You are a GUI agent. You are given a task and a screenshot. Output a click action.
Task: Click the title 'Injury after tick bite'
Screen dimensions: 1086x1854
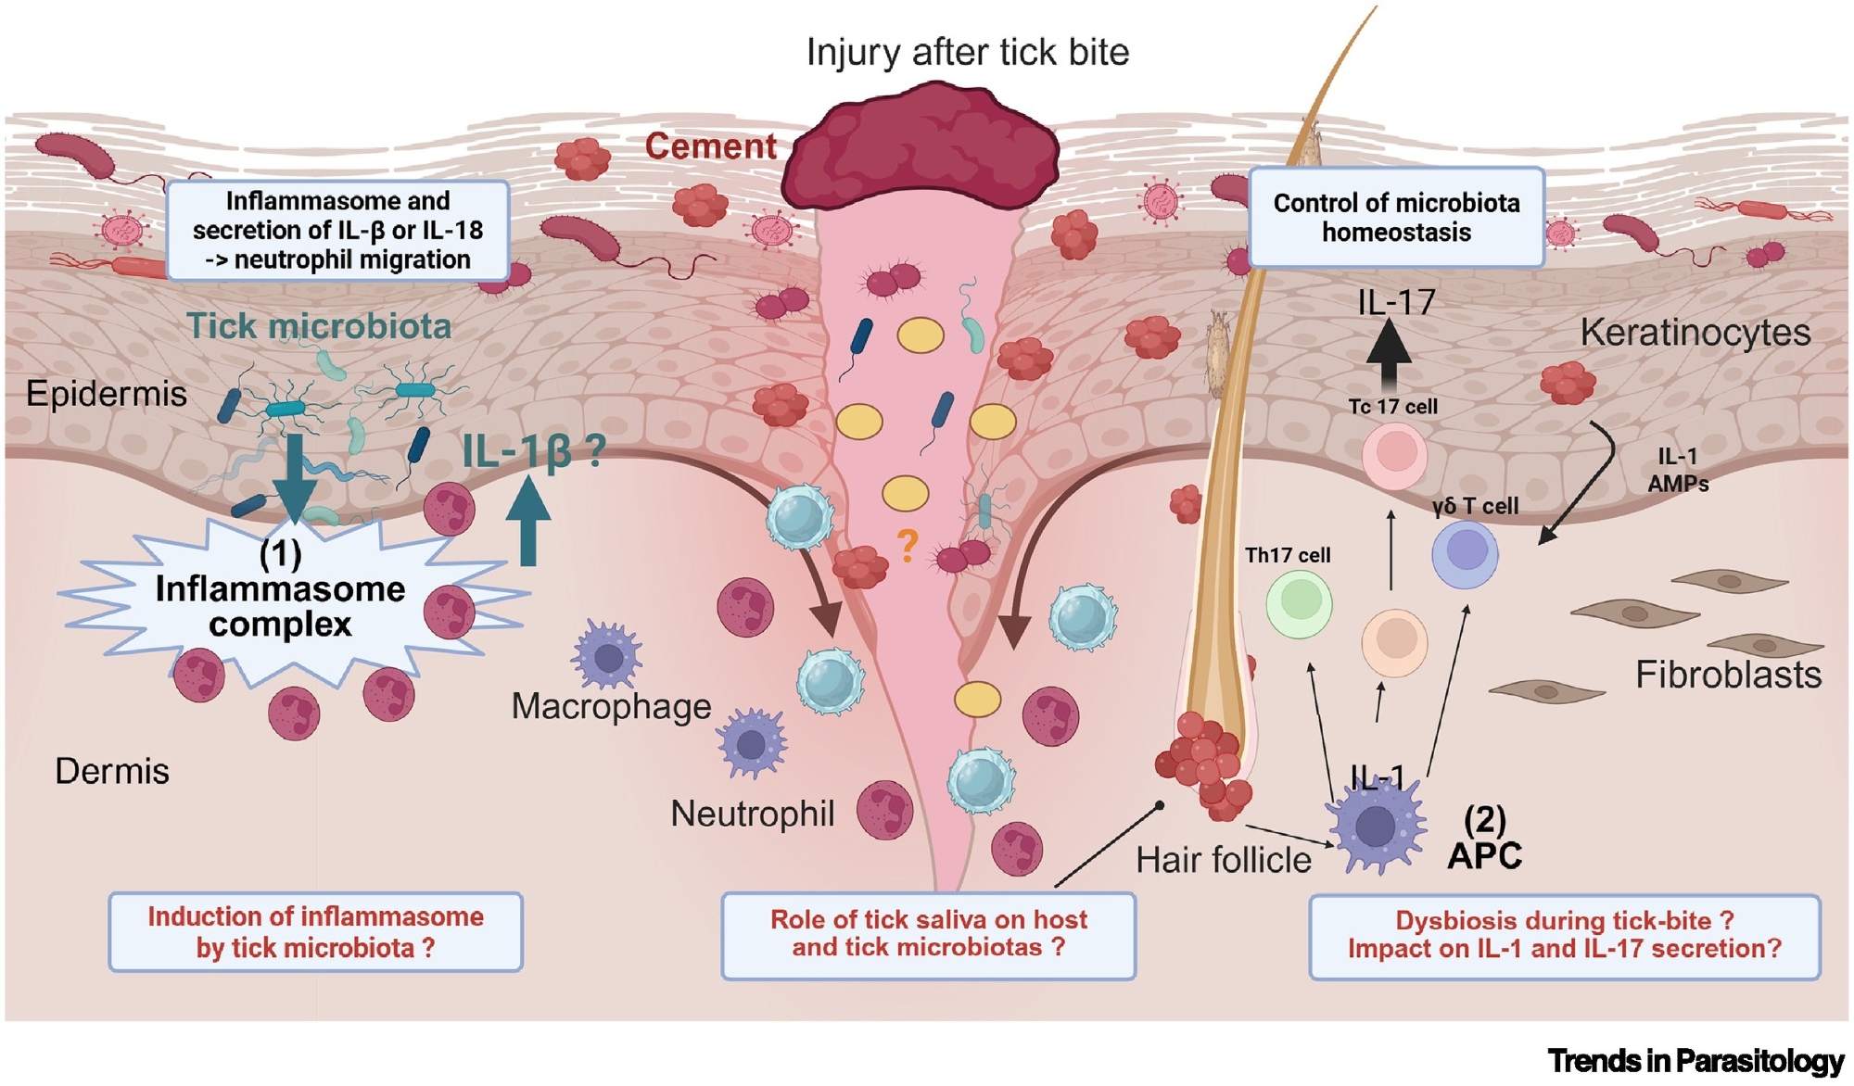[x=968, y=52]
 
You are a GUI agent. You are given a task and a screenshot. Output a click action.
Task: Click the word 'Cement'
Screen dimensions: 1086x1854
[x=711, y=146]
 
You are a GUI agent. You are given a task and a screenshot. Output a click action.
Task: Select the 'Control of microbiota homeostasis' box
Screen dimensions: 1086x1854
[x=1396, y=218]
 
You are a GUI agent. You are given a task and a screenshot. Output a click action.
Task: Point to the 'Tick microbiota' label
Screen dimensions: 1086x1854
[x=319, y=326]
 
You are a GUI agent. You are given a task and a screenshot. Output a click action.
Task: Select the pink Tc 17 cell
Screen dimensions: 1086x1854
[x=1394, y=455]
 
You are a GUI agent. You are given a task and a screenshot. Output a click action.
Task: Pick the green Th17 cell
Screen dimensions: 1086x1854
[x=1299, y=603]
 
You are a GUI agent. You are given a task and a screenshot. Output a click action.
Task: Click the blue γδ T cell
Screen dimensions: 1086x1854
[x=1465, y=554]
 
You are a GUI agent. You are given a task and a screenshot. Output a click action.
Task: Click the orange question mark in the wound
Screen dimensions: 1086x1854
[x=908, y=546]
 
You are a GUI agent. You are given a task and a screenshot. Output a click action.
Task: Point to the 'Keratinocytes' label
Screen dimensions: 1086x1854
[x=1695, y=332]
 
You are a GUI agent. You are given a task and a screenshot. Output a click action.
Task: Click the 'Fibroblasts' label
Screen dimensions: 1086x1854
[x=1728, y=675]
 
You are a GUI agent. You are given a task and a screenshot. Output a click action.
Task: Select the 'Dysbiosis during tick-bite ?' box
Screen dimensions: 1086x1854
[x=1564, y=936]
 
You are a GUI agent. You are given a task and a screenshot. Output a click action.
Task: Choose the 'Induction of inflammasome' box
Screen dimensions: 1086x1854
[x=315, y=932]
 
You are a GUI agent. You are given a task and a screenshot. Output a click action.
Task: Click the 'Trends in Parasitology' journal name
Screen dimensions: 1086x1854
[x=1695, y=1061]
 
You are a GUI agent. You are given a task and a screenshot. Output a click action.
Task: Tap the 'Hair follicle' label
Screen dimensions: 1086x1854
[x=1223, y=860]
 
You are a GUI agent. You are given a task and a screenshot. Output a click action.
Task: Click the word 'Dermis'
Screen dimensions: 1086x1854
[x=112, y=771]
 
